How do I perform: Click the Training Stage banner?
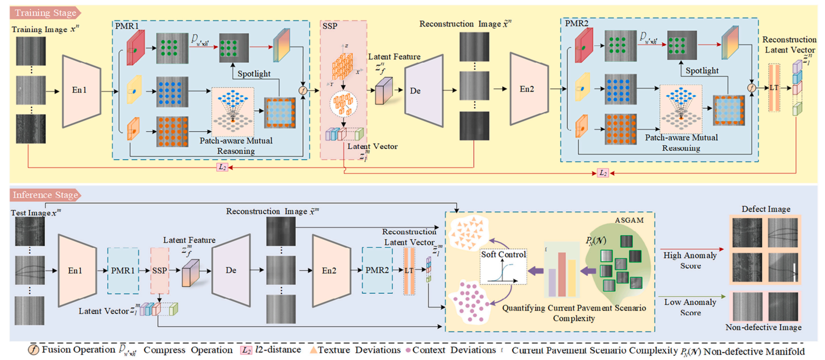point(45,12)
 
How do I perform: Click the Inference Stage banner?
point(45,195)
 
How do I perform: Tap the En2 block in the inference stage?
point(329,271)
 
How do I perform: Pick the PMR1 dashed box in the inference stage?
point(123,271)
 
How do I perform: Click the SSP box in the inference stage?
point(159,271)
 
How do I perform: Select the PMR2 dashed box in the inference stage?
point(377,271)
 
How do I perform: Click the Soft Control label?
point(503,254)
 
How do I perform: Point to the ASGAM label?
point(629,220)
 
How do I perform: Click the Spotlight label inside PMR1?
point(253,74)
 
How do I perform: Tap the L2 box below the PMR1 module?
point(222,167)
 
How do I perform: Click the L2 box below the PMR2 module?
point(603,173)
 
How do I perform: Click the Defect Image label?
point(765,209)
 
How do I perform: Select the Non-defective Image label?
point(763,327)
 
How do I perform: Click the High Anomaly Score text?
point(690,260)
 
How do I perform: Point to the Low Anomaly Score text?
point(690,307)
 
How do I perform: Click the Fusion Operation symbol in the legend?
point(33,350)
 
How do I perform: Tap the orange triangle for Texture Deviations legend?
point(313,350)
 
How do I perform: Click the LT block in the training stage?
point(774,88)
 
